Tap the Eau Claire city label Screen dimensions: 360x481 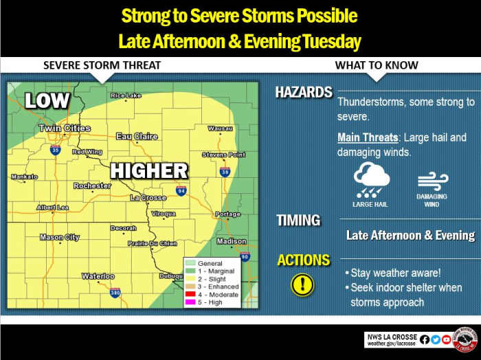tap(136, 137)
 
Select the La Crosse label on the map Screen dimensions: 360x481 tap(148, 198)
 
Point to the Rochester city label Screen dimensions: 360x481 tap(92, 186)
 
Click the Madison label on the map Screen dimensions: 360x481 tap(231, 241)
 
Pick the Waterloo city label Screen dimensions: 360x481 tap(98, 276)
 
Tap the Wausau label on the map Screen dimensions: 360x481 tap(220, 128)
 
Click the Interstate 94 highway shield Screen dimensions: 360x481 tap(181, 190)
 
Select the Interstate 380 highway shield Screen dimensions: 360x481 tap(115, 293)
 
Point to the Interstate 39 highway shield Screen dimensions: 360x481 tap(225, 171)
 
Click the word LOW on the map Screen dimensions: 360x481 tap(47, 101)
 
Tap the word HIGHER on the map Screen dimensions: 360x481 tap(149, 170)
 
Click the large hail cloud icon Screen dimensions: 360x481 tap(372, 180)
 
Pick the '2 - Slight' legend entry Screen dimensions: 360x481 tap(211, 279)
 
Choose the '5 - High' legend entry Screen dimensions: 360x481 tap(210, 302)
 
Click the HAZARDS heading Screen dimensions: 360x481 tap(304, 93)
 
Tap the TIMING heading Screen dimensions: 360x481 tap(298, 221)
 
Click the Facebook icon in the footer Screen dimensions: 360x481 tap(424, 339)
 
